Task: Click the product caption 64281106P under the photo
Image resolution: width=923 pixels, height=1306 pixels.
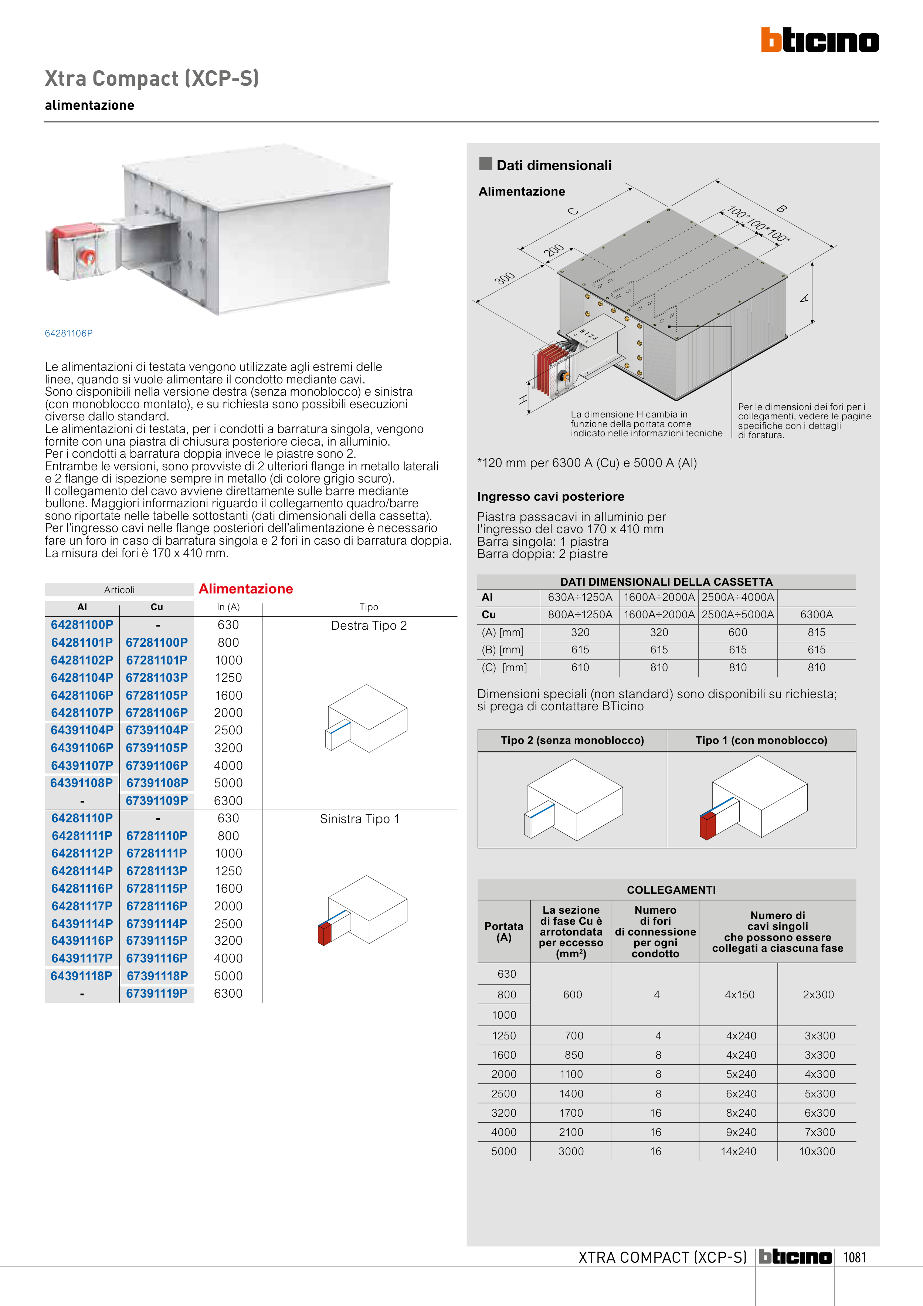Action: [69, 333]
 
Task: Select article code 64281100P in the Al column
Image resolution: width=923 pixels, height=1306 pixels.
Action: [82, 625]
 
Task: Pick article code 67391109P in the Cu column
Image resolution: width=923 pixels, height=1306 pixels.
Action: [157, 800]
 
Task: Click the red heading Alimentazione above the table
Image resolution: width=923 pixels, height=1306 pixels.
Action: [246, 589]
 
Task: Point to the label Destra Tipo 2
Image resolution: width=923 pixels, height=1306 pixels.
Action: [369, 626]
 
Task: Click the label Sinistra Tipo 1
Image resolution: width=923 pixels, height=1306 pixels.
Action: [359, 819]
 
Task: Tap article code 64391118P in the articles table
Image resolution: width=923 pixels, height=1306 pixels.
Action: [81, 976]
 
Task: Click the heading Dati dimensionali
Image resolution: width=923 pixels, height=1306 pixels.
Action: [554, 166]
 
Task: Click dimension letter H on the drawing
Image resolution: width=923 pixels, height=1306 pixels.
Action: [523, 400]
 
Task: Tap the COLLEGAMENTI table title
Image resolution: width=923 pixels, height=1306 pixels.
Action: [671, 890]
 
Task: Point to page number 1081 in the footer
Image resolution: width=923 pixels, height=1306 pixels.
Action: [854, 1258]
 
